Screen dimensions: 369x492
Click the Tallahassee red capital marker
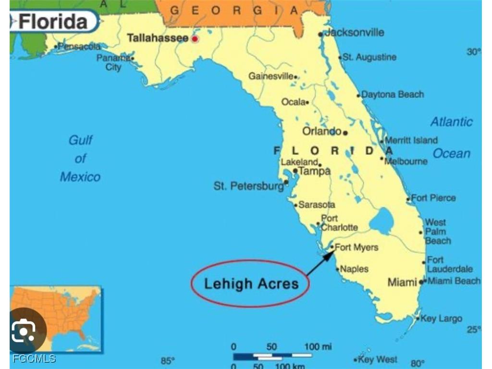click(x=195, y=38)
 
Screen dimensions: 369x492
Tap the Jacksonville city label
click(x=355, y=33)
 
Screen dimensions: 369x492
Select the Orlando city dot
click(x=345, y=133)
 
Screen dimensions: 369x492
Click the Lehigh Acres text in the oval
click(x=251, y=283)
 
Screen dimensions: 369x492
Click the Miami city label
click(x=402, y=282)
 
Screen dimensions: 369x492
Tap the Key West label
click(x=378, y=359)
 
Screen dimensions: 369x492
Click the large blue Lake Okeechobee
click(x=381, y=221)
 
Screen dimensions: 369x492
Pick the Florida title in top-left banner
click(x=53, y=22)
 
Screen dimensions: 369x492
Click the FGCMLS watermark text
click(x=34, y=358)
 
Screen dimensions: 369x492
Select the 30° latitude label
click(x=473, y=52)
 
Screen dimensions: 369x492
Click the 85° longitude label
click(x=168, y=361)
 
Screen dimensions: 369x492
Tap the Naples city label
click(x=354, y=269)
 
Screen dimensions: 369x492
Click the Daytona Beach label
click(x=393, y=95)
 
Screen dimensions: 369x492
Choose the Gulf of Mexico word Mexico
click(x=80, y=177)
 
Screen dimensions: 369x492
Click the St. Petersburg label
click(x=248, y=186)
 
